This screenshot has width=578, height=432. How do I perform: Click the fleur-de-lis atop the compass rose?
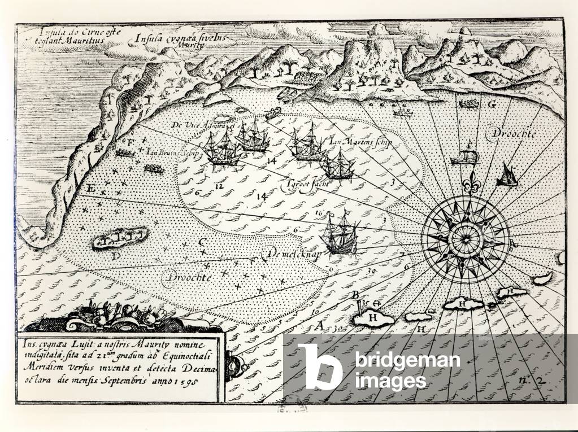pos(467,185)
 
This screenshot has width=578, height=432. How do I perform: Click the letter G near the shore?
pos(492,104)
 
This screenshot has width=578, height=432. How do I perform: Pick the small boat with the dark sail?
pos(507,175)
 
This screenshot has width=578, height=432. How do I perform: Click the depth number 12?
pos(219,185)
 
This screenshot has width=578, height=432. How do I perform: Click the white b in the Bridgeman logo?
pos(320,366)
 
